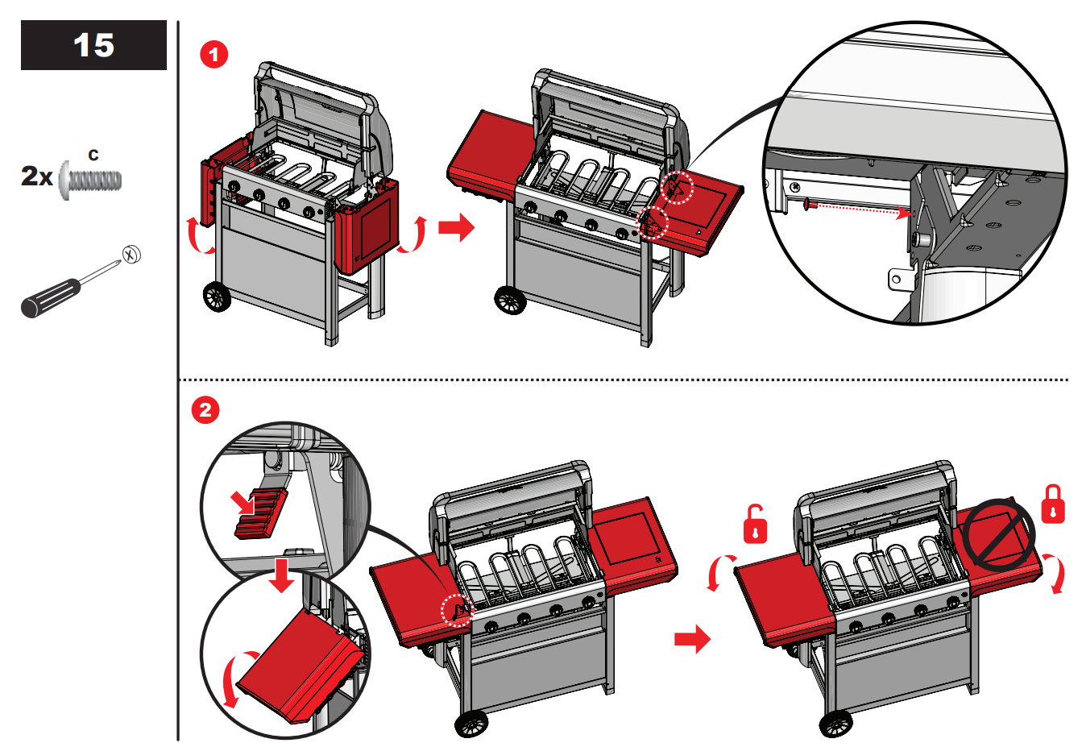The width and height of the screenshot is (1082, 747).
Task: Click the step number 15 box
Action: [93, 45]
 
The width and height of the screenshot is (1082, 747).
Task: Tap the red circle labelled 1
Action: [213, 55]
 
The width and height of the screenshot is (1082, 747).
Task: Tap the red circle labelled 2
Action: [205, 409]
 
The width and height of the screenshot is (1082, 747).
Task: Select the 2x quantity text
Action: [36, 176]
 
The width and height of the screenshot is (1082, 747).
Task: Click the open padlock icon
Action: [755, 525]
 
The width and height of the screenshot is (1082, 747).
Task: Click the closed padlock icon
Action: [1053, 504]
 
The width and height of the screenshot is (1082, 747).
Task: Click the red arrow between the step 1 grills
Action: [456, 228]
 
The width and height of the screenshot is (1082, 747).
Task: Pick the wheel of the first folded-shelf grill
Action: [217, 297]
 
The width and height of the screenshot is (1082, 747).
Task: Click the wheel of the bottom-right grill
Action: [835, 723]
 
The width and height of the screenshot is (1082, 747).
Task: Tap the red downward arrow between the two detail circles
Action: [282, 573]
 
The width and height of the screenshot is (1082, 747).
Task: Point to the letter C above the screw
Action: [93, 155]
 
